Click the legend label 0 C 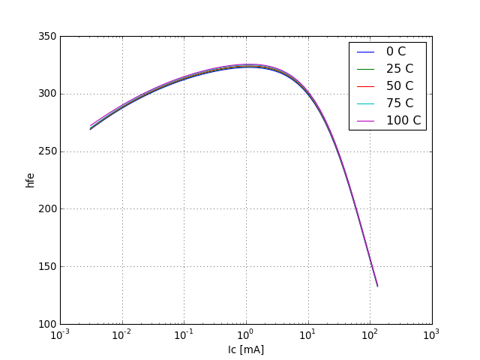[x=395, y=52]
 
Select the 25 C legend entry [x=399, y=69]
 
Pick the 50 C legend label [x=399, y=86]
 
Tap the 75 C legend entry [x=399, y=103]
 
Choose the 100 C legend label [x=403, y=121]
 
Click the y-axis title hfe [x=31, y=180]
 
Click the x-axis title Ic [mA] [x=246, y=349]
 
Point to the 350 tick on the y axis [x=46, y=36]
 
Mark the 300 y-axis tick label [x=46, y=94]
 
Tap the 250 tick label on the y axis [x=46, y=151]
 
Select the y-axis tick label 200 [x=46, y=209]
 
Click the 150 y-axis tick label [x=46, y=266]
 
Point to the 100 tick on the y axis [x=46, y=324]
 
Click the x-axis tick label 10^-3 [x=60, y=334]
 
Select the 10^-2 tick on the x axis [x=122, y=334]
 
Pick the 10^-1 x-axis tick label [x=184, y=334]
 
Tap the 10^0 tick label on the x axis [x=246, y=334]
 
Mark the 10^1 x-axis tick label [x=307, y=334]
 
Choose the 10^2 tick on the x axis [x=370, y=334]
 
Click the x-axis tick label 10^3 [x=431, y=334]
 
